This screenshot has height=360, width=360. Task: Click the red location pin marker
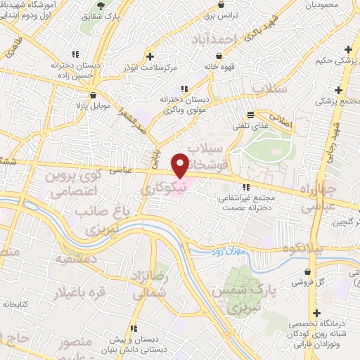(181, 166)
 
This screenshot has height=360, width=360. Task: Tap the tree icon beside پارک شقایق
(101, 6)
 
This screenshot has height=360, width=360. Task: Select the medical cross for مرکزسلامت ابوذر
(150, 56)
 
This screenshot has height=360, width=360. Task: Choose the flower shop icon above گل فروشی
(309, 271)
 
